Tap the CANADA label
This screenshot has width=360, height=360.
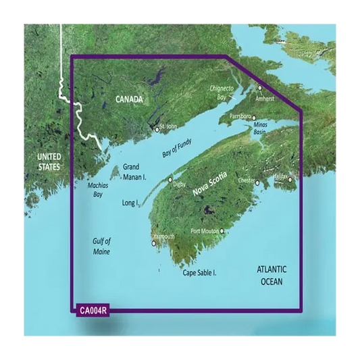[x=129, y=99]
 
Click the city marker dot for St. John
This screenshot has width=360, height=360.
[x=157, y=129]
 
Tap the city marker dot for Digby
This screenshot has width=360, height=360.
[x=170, y=180]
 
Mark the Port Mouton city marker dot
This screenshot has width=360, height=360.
[x=221, y=231]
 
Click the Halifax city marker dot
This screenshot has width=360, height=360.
[x=290, y=180]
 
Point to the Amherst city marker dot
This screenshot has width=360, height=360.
[x=259, y=88]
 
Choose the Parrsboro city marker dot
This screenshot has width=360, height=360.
[x=254, y=117]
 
